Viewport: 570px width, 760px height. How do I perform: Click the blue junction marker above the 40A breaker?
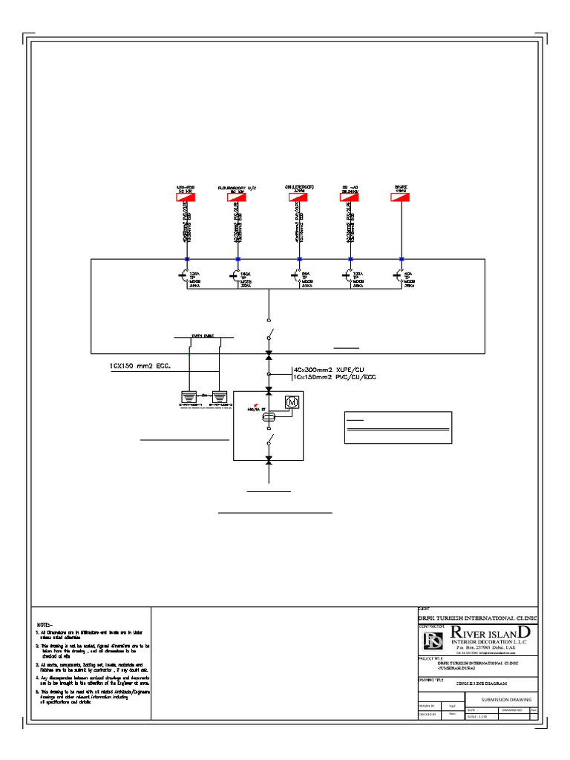click(402, 259)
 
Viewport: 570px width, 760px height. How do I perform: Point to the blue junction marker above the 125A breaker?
click(186, 259)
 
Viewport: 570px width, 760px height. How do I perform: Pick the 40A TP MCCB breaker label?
click(409, 279)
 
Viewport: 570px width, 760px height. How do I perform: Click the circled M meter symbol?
click(292, 402)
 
